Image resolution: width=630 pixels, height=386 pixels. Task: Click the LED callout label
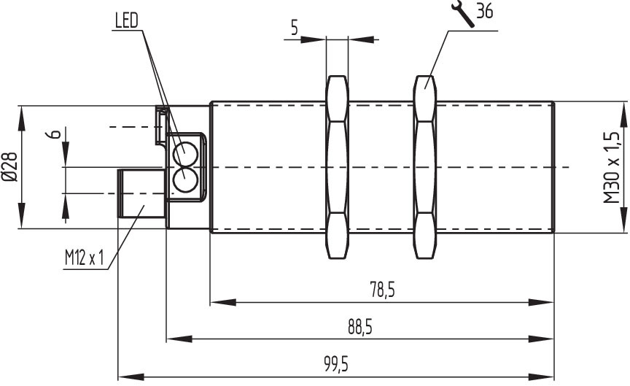click(x=127, y=20)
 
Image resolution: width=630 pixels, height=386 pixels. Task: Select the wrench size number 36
click(x=485, y=11)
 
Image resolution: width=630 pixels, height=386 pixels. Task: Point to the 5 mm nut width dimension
click(x=295, y=28)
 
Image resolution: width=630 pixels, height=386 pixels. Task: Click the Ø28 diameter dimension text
click(x=10, y=167)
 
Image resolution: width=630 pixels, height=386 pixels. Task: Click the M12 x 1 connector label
click(x=85, y=258)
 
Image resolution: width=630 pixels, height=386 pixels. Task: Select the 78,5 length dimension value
click(x=382, y=290)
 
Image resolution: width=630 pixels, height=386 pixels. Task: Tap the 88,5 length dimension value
click(x=360, y=328)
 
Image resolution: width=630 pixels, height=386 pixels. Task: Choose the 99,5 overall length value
click(x=337, y=365)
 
